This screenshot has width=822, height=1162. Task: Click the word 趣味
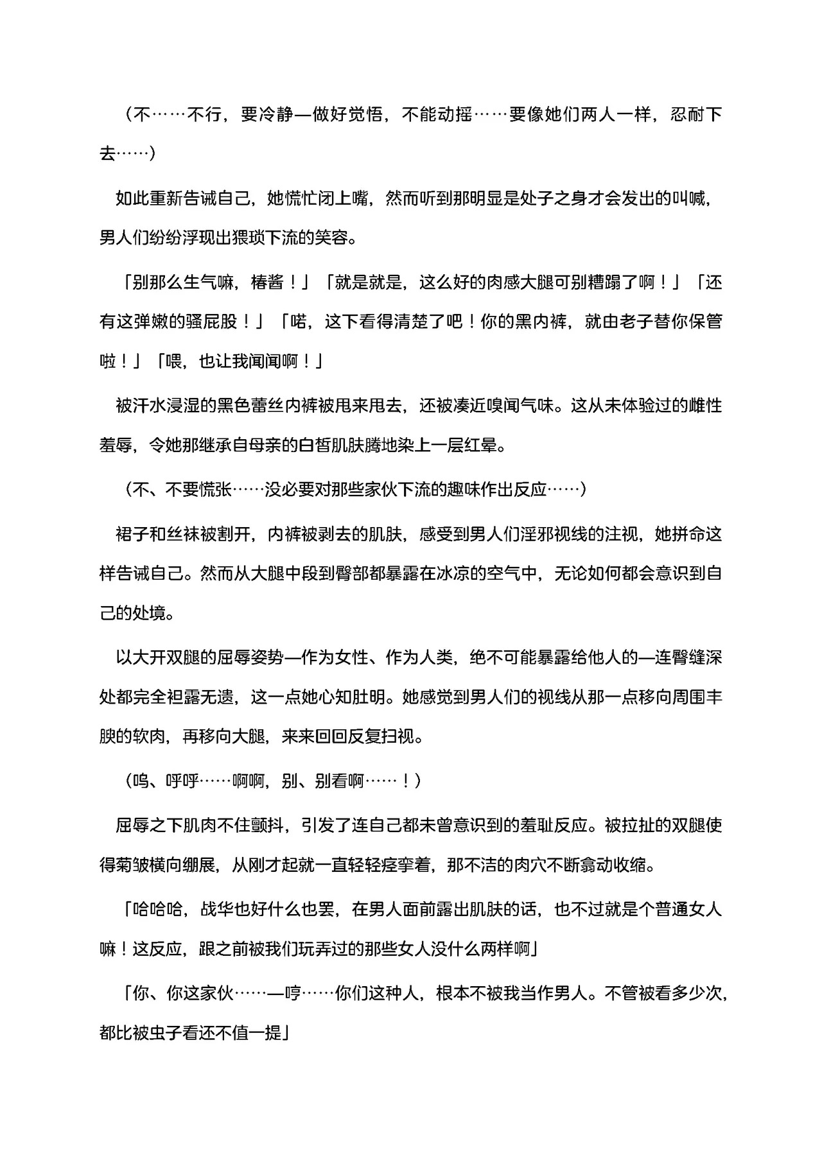click(478, 490)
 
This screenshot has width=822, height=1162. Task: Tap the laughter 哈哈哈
click(157, 909)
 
